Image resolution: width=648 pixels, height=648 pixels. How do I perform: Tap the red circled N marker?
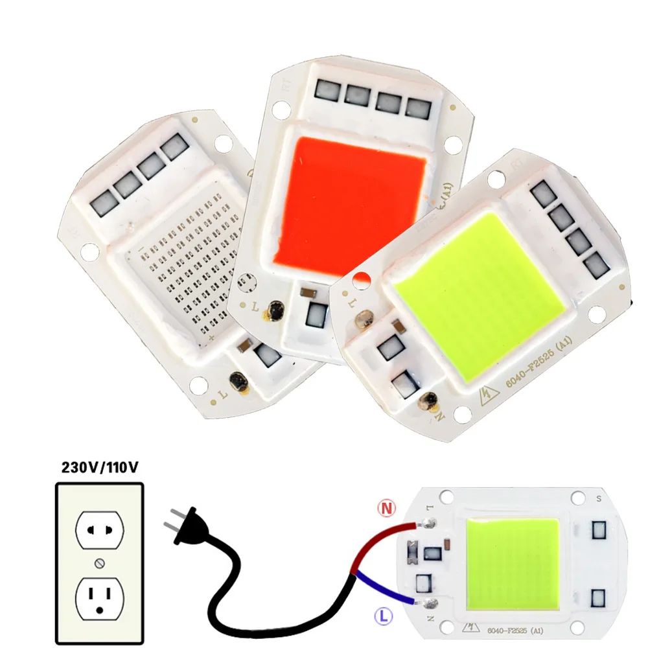pos(387,509)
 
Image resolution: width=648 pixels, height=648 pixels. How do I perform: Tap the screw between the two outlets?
pos(99,561)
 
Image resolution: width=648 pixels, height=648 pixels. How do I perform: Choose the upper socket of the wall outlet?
pos(99,529)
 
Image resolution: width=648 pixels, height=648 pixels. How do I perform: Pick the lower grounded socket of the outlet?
pos(99,596)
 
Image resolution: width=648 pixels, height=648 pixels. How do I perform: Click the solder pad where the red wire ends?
pos(429,522)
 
